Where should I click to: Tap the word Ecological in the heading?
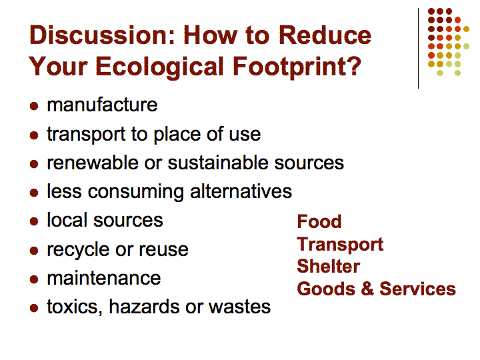pyautogui.click(x=159, y=67)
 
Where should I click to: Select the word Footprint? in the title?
pyautogui.click(x=297, y=66)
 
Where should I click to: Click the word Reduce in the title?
pyautogui.click(x=325, y=35)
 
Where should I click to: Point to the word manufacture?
pyautogui.click(x=102, y=105)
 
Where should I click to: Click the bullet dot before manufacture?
pyautogui.click(x=34, y=106)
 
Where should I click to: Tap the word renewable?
pyautogui.click(x=92, y=163)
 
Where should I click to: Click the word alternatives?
pyautogui.click(x=241, y=191)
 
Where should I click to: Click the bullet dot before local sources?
pyautogui.click(x=34, y=221)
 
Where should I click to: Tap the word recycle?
pyautogui.click(x=79, y=250)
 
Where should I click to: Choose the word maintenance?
pyautogui.click(x=104, y=278)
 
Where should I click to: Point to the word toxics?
pyautogui.click(x=75, y=307)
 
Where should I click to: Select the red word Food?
pyautogui.click(x=319, y=221)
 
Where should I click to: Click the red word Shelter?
pyautogui.click(x=329, y=266)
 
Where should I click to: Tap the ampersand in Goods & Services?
pyautogui.click(x=367, y=289)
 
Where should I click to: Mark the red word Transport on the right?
pyautogui.click(x=340, y=244)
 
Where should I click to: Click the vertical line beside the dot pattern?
pyautogui.click(x=418, y=49)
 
